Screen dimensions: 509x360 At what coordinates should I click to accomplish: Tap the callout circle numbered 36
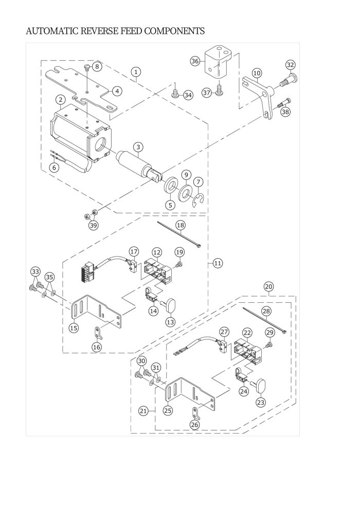click(x=195, y=61)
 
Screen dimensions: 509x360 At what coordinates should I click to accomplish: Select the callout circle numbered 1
click(x=135, y=72)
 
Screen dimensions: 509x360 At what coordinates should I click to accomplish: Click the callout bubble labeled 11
click(x=218, y=263)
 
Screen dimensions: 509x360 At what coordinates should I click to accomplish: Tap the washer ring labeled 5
click(x=170, y=185)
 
